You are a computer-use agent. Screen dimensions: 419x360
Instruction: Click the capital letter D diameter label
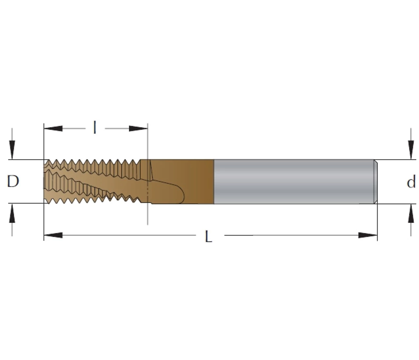click(x=13, y=181)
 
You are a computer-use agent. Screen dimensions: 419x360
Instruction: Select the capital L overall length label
click(x=209, y=236)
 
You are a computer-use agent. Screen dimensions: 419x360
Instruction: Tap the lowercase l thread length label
click(x=95, y=128)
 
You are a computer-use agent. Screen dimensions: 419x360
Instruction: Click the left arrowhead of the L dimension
click(x=53, y=235)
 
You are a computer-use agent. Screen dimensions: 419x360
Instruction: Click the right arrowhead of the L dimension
click(x=368, y=235)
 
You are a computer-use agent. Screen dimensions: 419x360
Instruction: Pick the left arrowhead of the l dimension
click(x=53, y=129)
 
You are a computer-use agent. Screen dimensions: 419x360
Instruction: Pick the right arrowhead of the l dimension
click(x=138, y=129)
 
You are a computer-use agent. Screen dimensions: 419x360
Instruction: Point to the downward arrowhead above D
click(x=12, y=150)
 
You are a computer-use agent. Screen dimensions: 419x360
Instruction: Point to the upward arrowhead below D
click(x=12, y=213)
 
